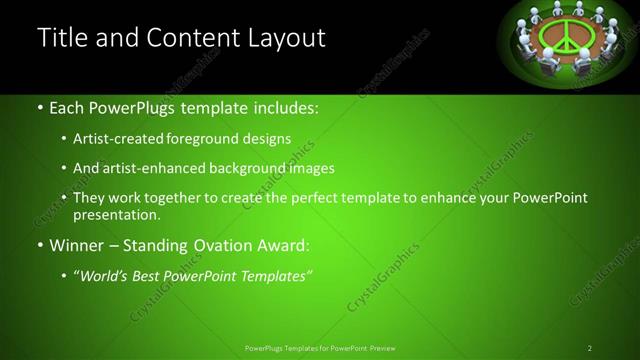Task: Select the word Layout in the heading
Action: pyautogui.click(x=283, y=39)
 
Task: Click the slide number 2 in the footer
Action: pyautogui.click(x=590, y=348)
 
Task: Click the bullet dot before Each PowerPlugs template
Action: pyautogui.click(x=39, y=107)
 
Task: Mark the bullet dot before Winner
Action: pyautogui.click(x=39, y=243)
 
